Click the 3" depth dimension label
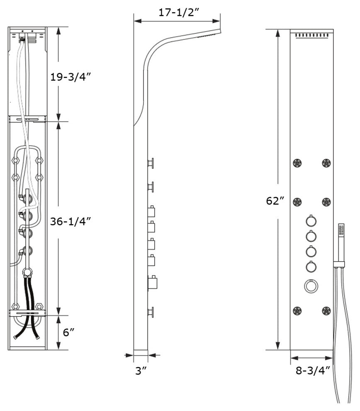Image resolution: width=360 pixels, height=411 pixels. pos(141,371)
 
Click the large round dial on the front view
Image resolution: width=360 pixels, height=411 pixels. pos(311,286)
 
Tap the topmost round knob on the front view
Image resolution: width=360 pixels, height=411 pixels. pos(311,220)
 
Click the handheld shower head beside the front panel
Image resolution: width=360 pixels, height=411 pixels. pos(342,235)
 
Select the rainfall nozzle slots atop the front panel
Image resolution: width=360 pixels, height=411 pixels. pos(314,36)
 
